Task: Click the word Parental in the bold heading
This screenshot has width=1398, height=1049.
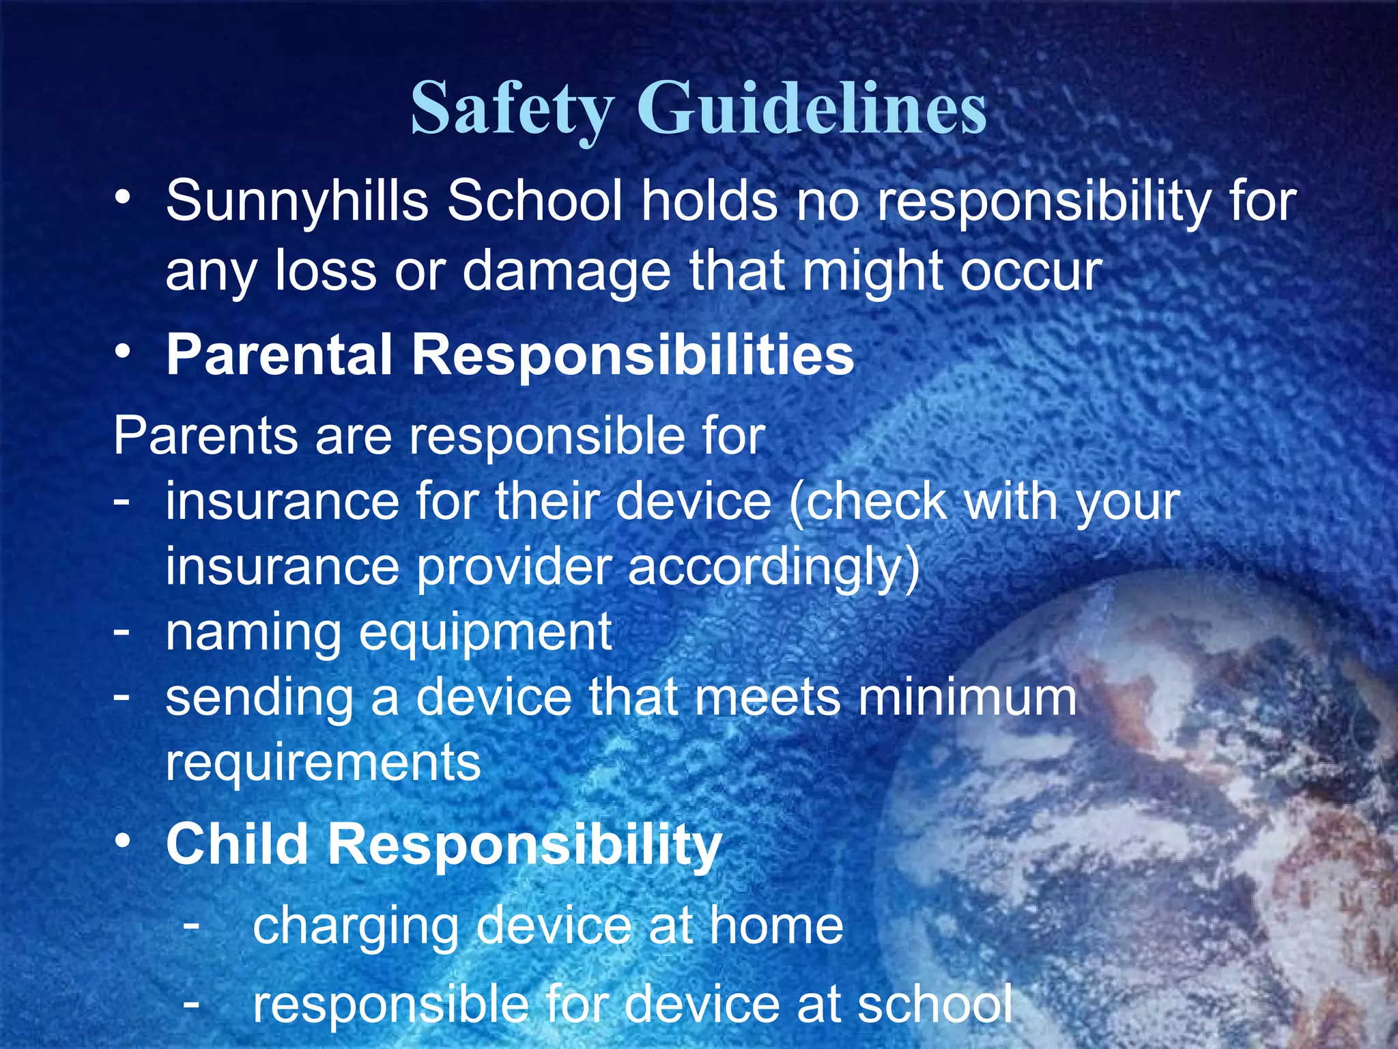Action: [x=279, y=355]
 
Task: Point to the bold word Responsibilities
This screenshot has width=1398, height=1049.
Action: [x=632, y=355]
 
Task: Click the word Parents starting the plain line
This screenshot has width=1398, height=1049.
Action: [x=205, y=436]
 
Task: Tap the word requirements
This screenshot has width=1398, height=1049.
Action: [x=324, y=764]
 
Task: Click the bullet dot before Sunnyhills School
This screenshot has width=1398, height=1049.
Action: [x=122, y=198]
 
